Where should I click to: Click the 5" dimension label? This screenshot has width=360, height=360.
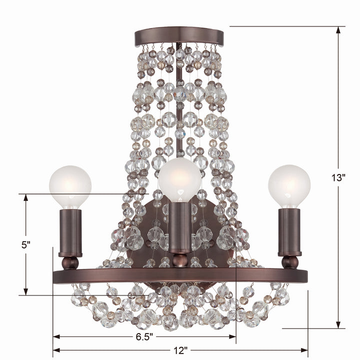click(x=26, y=245)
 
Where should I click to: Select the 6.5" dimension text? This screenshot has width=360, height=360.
click(x=144, y=336)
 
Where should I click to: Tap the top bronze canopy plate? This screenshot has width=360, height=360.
click(x=179, y=36)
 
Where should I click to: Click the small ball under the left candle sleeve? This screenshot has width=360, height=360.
click(x=70, y=262)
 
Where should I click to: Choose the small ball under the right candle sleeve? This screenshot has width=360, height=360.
click(x=289, y=262)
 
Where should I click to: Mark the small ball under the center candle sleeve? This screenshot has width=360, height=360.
click(x=179, y=260)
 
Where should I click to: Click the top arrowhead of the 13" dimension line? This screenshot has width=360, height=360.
click(x=338, y=30)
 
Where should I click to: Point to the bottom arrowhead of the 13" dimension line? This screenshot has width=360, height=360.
click(x=338, y=325)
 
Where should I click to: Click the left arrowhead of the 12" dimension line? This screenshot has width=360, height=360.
click(x=56, y=349)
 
